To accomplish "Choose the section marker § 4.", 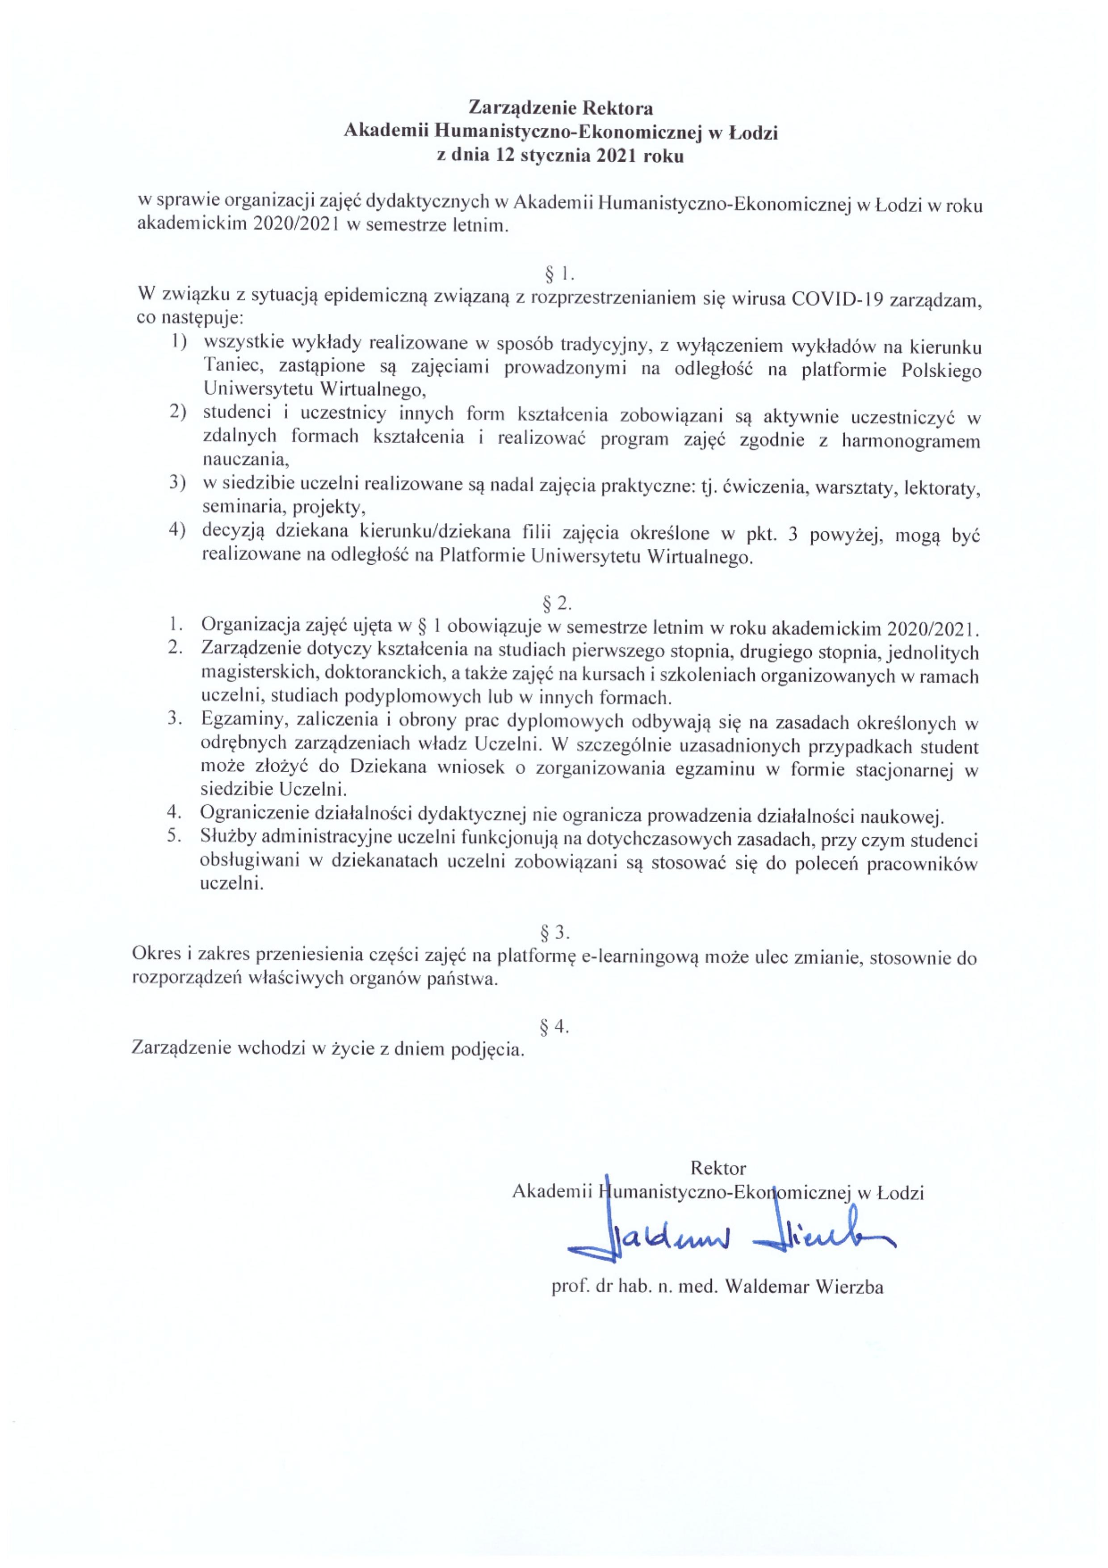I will coord(554,1026).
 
